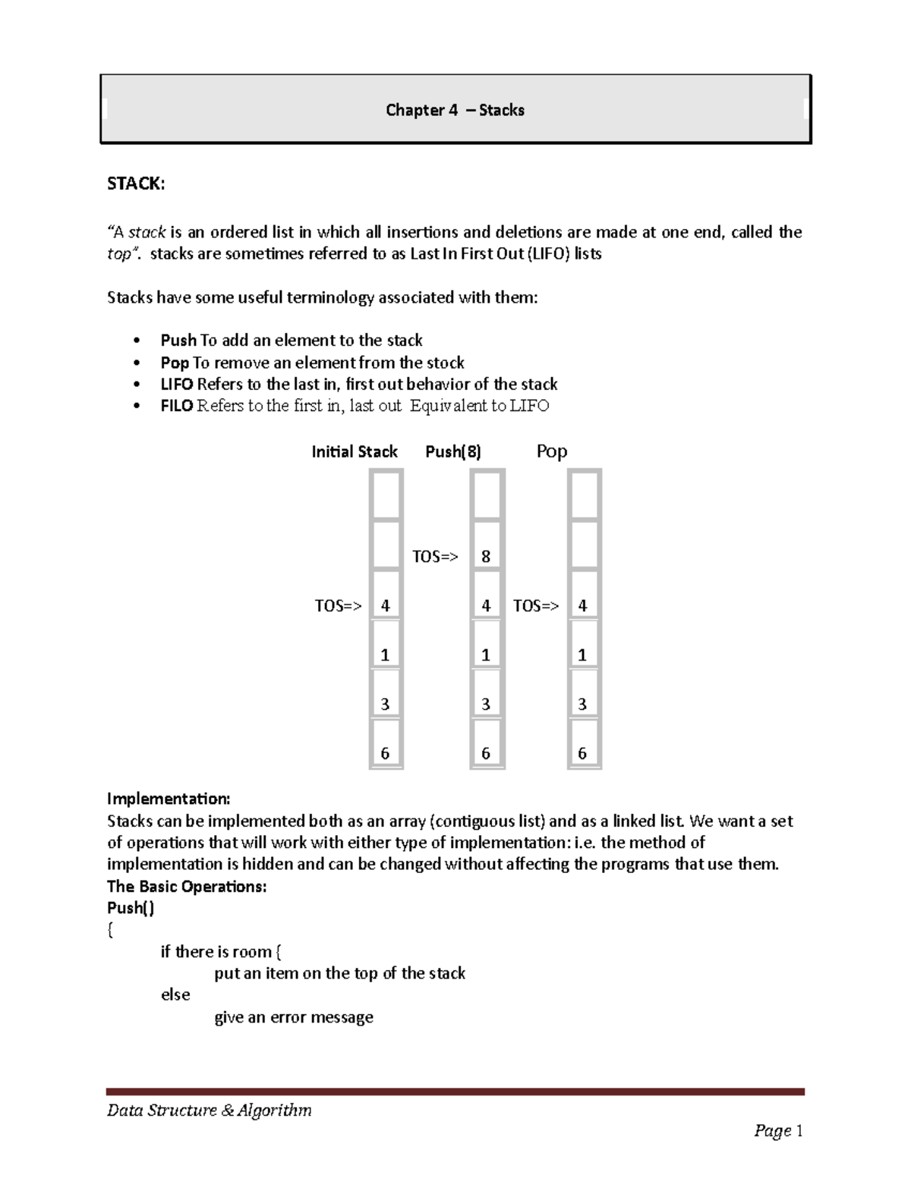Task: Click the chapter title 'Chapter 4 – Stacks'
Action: tap(455, 110)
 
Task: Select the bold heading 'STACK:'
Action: tap(135, 184)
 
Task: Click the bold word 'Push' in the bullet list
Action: tap(178, 341)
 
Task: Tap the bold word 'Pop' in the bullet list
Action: tap(175, 363)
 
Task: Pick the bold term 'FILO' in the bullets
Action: tap(177, 406)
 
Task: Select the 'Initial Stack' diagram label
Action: tap(355, 452)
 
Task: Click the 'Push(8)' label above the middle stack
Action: tap(453, 452)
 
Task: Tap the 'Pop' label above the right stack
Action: tap(552, 452)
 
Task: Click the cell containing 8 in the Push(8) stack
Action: tap(486, 557)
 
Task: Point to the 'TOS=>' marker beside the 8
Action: tap(435, 557)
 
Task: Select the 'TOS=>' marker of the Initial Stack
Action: tap(338, 606)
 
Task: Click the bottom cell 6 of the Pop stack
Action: tap(583, 753)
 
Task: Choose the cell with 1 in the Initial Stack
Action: tap(385, 655)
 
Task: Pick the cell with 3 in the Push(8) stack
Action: tap(486, 704)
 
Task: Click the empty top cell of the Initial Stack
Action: tap(386, 495)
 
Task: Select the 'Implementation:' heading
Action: tap(168, 799)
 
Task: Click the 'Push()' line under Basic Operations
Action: tap(131, 908)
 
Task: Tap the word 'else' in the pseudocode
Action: tap(175, 995)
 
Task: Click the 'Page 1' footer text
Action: tap(778, 1132)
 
